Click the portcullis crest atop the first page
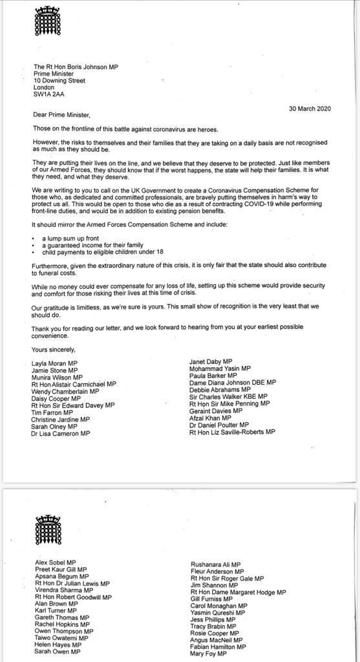coord(47,22)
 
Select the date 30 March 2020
coord(310,109)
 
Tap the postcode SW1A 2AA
coord(49,94)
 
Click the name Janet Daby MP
coord(211,361)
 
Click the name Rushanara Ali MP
coord(216,564)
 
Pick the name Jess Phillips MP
coord(213,619)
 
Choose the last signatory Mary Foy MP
coord(208,654)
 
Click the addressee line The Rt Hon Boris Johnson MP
coord(76,67)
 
